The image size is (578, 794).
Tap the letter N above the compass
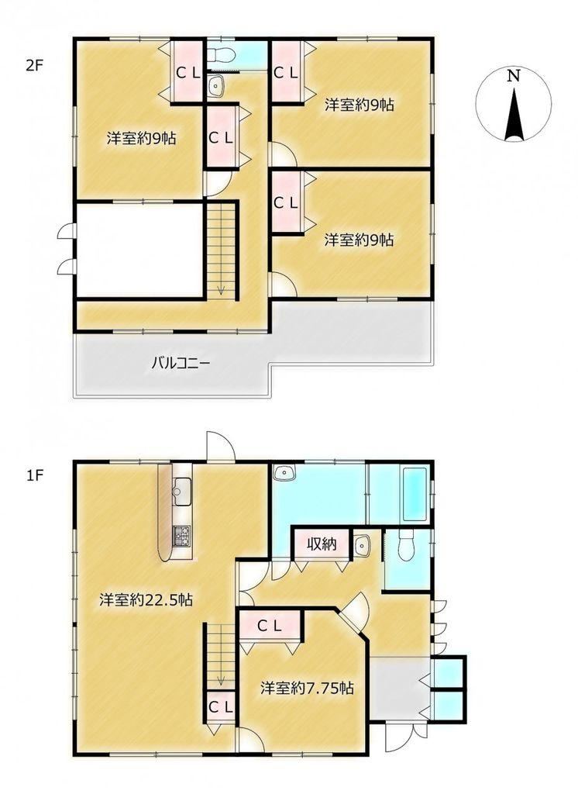pos(514,76)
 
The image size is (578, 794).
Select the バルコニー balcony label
pos(181,363)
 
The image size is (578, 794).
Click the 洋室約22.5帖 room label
pos(146,601)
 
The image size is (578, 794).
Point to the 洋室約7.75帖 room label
pos(308,689)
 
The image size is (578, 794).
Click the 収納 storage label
pos(322,544)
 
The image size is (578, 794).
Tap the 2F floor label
pos(34,67)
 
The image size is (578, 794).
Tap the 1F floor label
pos(34,475)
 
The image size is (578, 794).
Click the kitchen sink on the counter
pos(181,491)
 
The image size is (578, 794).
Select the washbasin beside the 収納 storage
pos(362,544)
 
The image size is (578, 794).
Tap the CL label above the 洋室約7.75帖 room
pos(270,627)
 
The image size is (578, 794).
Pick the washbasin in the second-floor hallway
pos(216,86)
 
